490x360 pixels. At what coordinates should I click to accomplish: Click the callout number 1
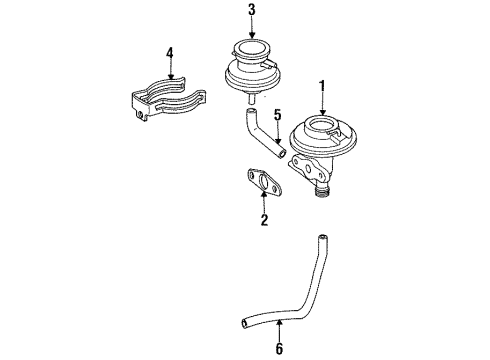point(322,86)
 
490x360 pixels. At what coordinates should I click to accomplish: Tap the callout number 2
point(264,220)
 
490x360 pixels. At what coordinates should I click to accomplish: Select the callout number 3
point(252,10)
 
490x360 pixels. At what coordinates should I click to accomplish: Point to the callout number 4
point(170,53)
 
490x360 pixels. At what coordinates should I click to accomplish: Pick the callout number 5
point(278,115)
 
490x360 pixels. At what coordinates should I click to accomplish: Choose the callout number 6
point(279,349)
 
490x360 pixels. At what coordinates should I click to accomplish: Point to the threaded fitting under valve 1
point(322,192)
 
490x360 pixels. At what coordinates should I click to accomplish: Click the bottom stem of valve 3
point(252,98)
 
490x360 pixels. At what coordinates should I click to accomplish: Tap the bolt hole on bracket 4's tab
point(141,115)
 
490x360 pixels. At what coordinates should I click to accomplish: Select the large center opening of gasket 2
point(264,182)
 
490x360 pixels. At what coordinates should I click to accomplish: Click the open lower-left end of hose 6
point(245,324)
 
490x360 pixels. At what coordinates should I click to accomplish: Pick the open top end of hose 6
point(322,238)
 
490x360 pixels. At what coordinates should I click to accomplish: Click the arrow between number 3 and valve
point(252,28)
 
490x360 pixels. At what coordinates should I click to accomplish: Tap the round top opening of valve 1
point(323,125)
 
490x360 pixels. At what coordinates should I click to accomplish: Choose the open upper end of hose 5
point(250,111)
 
